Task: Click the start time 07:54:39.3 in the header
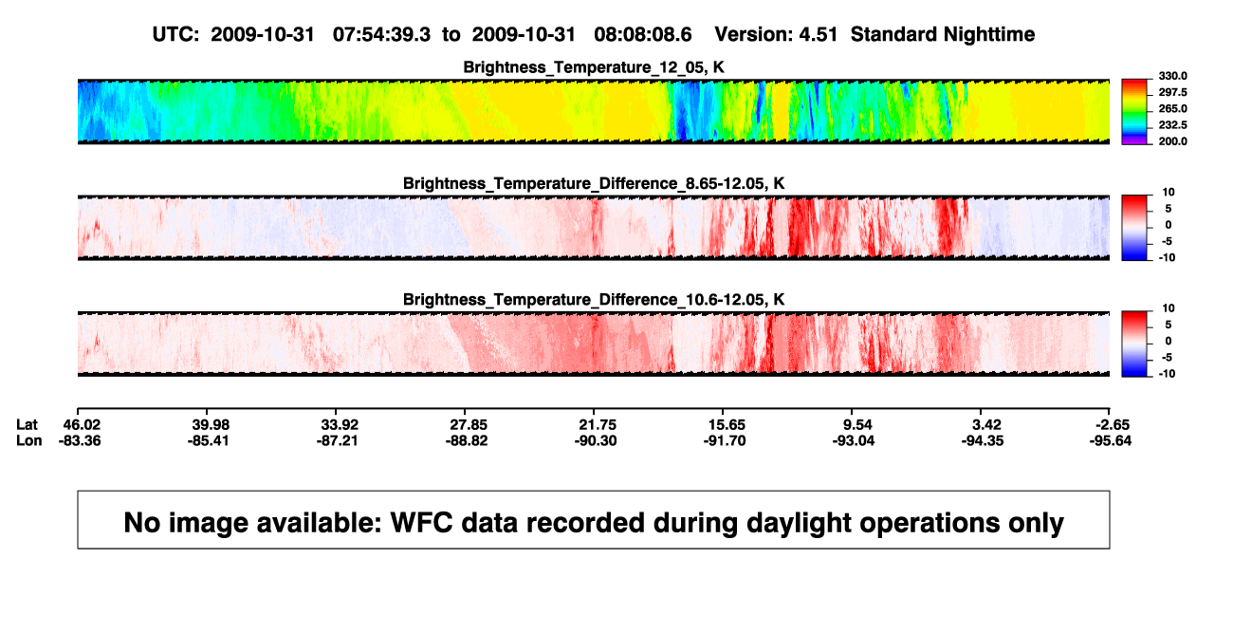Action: point(381,34)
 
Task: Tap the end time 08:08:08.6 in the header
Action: point(642,34)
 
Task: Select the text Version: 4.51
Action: point(776,34)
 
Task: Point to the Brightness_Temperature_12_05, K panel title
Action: point(594,67)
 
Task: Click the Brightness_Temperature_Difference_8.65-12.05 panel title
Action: point(594,183)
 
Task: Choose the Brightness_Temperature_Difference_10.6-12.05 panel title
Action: point(594,300)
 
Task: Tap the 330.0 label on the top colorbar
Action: point(1172,76)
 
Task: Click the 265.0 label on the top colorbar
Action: point(1172,108)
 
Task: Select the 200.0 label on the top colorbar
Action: point(1172,141)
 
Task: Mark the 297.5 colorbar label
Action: point(1172,92)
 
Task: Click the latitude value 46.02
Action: point(82,425)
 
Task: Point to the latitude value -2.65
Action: point(1112,425)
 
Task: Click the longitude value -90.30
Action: point(596,440)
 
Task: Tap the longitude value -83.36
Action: point(80,440)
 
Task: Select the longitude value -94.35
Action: point(983,440)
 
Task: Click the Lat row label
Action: point(27,425)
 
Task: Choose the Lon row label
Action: point(28,440)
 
